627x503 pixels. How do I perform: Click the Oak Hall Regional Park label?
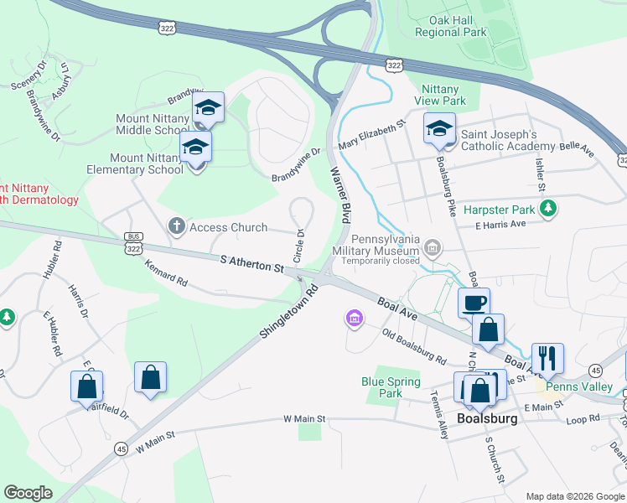(x=451, y=25)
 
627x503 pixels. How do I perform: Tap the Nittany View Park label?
(x=439, y=95)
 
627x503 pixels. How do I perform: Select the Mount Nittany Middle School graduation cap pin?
(x=208, y=107)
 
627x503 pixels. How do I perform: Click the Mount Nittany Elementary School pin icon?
(x=196, y=147)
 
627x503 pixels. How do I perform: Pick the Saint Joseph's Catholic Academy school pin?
(x=439, y=128)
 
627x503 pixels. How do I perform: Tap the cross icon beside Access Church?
(x=176, y=226)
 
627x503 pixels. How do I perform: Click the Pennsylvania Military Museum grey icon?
(x=433, y=246)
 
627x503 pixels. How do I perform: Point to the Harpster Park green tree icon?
(x=548, y=207)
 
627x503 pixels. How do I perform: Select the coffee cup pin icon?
(x=474, y=303)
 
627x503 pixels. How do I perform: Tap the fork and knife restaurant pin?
(x=547, y=358)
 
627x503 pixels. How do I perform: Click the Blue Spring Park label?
(x=391, y=386)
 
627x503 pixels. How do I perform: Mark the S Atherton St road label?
(x=252, y=265)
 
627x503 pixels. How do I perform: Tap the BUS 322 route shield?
(x=132, y=244)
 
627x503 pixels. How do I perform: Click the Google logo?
(x=28, y=493)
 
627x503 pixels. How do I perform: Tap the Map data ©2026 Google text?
(x=574, y=496)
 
